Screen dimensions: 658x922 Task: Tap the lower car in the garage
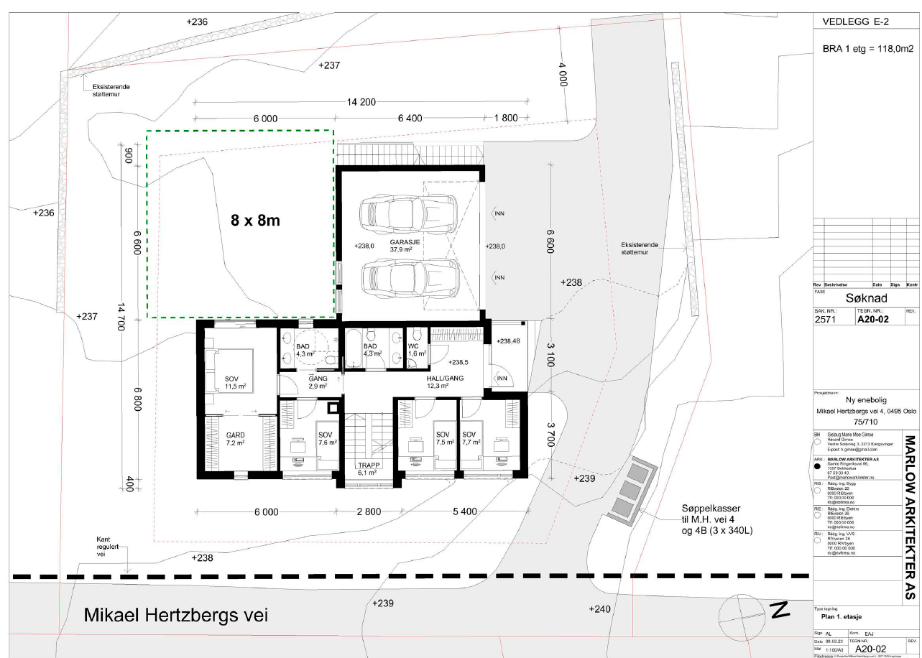[409, 276]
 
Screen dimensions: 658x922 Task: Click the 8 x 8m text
[255, 221]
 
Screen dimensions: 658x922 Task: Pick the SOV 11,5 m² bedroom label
[231, 383]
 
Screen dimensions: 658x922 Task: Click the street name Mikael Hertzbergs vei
[175, 616]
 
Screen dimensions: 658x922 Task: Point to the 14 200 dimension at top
[361, 102]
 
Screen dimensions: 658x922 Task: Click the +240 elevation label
[600, 609]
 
